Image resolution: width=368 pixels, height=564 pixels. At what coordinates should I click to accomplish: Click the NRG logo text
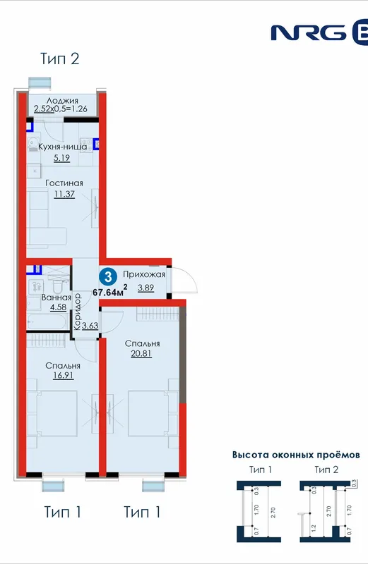click(309, 32)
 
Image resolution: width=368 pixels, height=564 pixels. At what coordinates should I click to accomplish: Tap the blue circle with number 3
click(108, 276)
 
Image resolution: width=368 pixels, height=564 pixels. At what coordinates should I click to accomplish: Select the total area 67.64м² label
click(110, 290)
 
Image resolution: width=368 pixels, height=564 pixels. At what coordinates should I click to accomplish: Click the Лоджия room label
click(62, 101)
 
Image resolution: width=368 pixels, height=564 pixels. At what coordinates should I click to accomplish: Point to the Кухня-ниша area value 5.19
click(61, 157)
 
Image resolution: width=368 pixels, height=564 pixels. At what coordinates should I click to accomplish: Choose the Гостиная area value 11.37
click(64, 195)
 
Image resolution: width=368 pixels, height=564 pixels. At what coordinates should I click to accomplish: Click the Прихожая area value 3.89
click(146, 288)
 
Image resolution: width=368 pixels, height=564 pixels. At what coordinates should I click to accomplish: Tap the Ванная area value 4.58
click(58, 307)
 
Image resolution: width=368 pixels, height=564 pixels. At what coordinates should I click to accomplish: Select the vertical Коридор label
click(77, 312)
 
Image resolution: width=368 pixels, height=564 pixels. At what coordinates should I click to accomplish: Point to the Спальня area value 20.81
click(141, 354)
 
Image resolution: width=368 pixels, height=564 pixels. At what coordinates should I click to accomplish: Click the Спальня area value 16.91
click(63, 376)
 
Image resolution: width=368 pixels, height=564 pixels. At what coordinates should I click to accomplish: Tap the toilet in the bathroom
click(57, 286)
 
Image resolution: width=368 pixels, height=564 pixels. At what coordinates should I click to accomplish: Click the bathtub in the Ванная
click(47, 321)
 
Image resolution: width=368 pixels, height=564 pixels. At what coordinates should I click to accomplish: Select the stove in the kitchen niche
click(85, 145)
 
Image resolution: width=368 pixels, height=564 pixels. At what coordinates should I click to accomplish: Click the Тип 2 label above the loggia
click(59, 59)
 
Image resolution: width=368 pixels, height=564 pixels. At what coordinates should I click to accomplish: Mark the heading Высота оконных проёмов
click(296, 455)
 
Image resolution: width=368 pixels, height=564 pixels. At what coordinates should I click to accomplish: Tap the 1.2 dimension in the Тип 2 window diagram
click(313, 528)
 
